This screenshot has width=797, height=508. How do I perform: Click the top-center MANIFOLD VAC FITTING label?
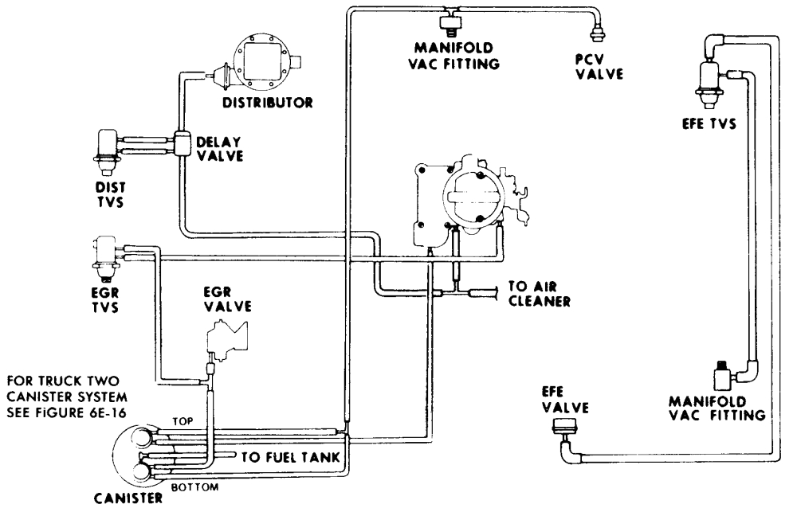point(451,57)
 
